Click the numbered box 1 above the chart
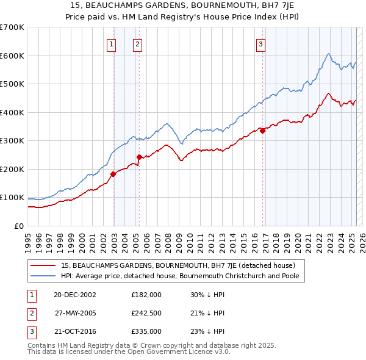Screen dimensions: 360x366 112,43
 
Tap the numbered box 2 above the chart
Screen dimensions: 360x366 138,43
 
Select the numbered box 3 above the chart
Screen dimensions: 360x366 260,43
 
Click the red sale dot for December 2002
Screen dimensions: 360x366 113,174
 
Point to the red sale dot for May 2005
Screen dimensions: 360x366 139,157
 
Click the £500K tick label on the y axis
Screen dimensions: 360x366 12,84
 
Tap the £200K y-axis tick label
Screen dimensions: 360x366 12,169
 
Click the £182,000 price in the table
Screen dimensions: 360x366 146,294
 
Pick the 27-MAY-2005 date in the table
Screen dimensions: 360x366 75,313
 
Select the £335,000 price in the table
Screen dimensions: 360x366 146,331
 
